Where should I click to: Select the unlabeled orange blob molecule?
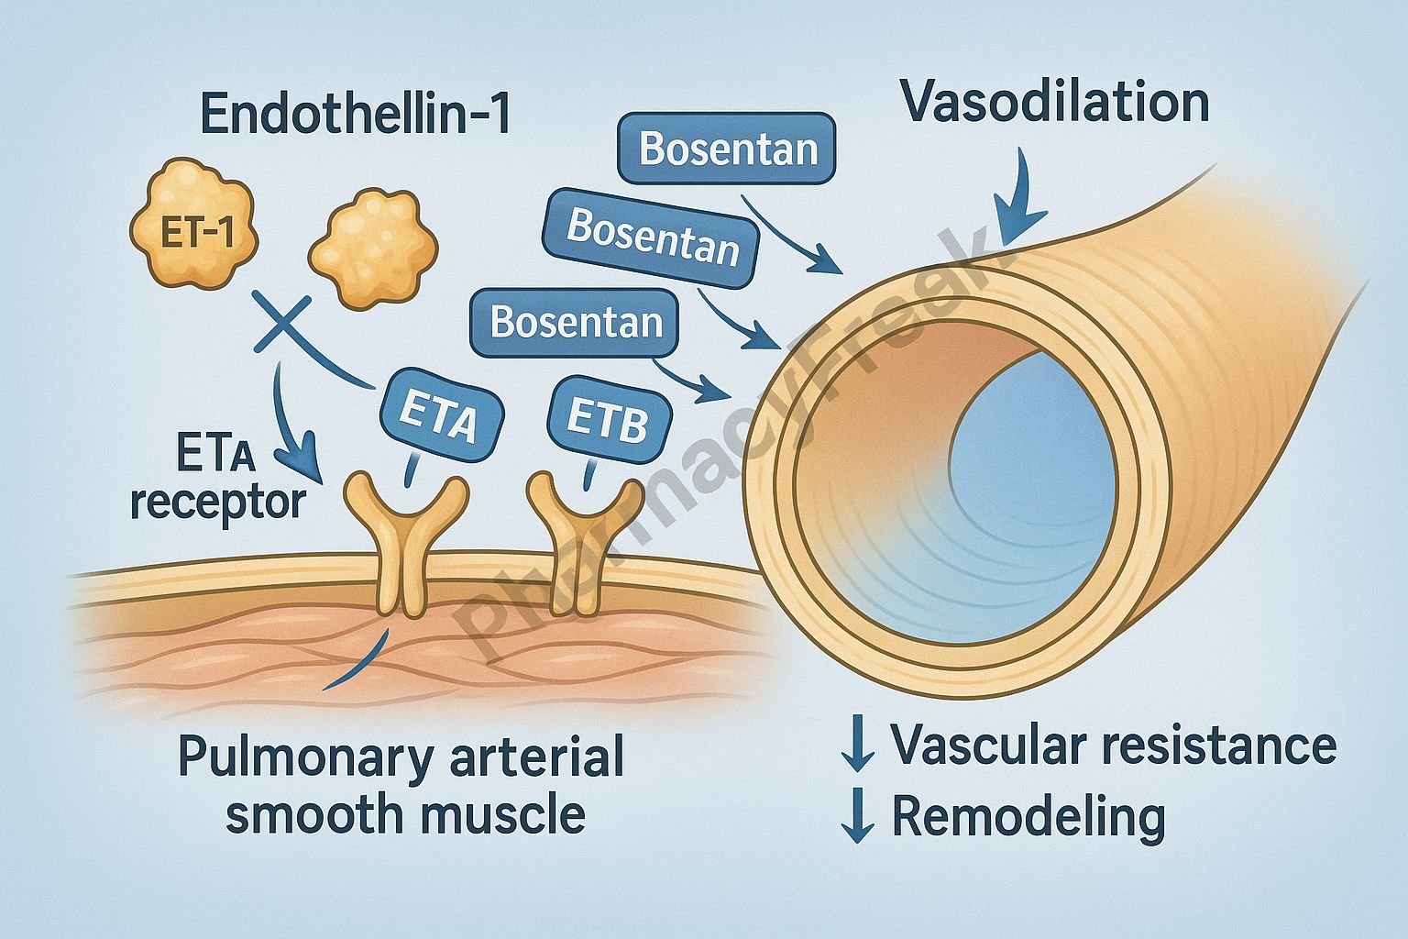click(369, 247)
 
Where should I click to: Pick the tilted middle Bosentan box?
click(652, 237)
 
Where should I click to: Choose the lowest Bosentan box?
click(576, 323)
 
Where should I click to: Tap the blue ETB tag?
click(608, 420)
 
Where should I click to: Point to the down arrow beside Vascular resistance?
click(858, 744)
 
